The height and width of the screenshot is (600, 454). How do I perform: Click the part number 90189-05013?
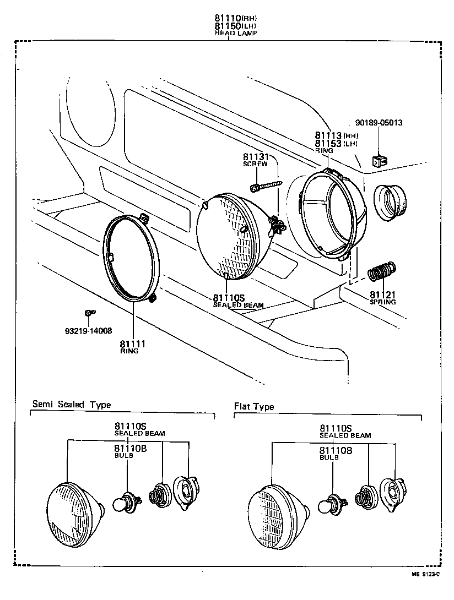pos(379,122)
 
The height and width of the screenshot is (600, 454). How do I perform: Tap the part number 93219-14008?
pos(88,331)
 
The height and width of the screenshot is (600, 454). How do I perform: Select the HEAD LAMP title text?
pos(235,33)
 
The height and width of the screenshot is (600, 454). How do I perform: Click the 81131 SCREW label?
pos(255,160)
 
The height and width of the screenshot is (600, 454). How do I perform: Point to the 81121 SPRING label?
pos(383,297)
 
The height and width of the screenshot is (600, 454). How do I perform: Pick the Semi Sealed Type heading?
pos(72,405)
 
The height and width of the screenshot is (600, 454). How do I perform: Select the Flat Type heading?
pos(254,407)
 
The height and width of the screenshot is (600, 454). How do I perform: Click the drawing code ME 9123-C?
pos(424,574)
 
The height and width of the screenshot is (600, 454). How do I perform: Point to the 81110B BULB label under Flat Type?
pos(335,453)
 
